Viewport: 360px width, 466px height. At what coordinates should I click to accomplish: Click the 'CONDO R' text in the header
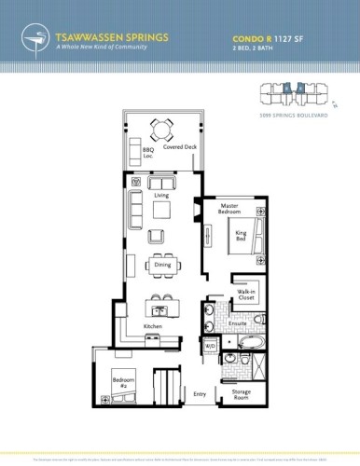coord(248,39)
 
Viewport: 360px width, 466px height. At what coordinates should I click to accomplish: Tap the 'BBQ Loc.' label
coord(147,152)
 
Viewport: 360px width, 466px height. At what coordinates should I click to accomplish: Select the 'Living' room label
coord(161,195)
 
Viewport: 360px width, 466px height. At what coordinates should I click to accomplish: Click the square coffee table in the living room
coord(161,211)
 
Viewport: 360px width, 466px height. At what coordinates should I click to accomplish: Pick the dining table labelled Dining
coord(162,258)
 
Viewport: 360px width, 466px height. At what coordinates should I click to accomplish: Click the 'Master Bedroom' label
coord(230,209)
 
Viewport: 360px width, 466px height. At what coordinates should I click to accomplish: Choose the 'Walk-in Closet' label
coord(246,296)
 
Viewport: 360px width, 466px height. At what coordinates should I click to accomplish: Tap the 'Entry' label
coord(199,393)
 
